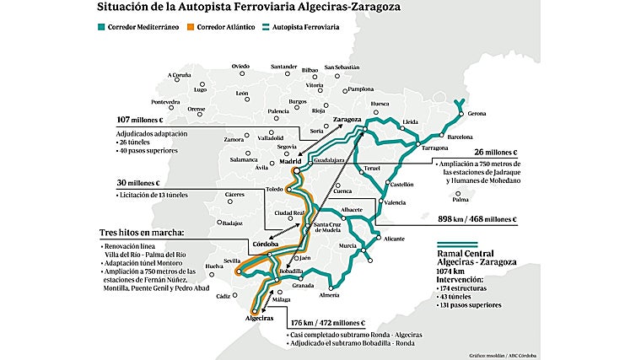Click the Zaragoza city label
point(347,120)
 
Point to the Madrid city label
point(290,159)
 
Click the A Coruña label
point(180,75)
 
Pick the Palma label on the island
point(460,200)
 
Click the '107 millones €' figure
point(139,120)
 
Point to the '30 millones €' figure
point(137,183)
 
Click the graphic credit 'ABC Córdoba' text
point(520,354)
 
